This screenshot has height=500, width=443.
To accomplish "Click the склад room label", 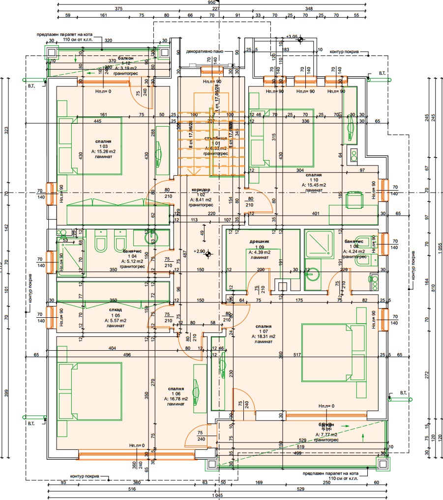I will coord(114,310).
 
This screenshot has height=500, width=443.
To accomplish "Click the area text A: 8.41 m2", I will coord(201,200).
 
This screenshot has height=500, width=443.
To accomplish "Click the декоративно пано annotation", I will coord(205,51).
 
